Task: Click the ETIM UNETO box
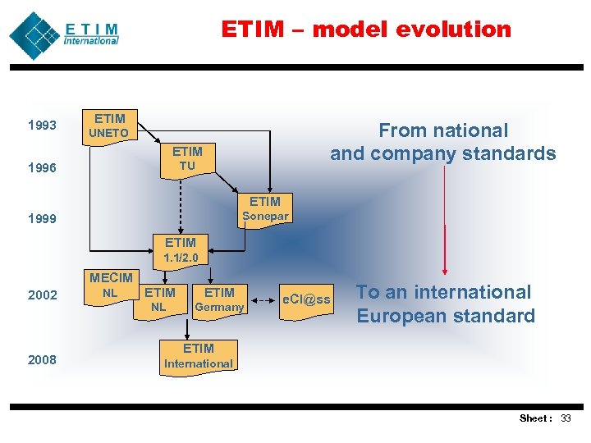point(109,126)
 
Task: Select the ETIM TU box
point(187,158)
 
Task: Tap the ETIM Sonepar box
point(264,208)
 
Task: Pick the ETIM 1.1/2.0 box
point(181,249)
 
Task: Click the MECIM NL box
point(110,285)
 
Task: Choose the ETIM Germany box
point(219,299)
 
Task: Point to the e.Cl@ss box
point(306,299)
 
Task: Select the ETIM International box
point(199,356)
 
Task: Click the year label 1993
point(42,126)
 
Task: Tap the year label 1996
point(42,168)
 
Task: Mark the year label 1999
point(42,219)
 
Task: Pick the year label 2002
point(42,295)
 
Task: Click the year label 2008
point(42,359)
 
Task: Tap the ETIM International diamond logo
point(34,35)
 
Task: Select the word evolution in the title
point(453,30)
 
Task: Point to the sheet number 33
point(565,418)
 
